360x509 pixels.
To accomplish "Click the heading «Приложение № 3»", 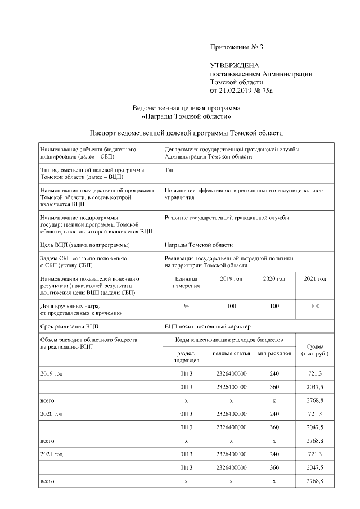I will click(x=236, y=47).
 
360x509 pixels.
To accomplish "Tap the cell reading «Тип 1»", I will click(x=172, y=169).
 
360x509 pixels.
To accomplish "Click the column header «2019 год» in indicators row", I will click(x=231, y=279).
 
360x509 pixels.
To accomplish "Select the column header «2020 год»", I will click(x=274, y=279).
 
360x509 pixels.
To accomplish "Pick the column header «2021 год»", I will click(x=314, y=279).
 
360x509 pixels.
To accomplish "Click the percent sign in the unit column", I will click(x=186, y=306).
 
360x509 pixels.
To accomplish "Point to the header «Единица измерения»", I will click(x=186, y=282).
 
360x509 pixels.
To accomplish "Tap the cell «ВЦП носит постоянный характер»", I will click(x=208, y=326).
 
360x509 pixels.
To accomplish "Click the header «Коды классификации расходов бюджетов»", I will click(x=229, y=340).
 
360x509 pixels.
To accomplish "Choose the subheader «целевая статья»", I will click(x=231, y=353).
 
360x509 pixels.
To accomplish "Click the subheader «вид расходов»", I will click(x=274, y=353).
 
